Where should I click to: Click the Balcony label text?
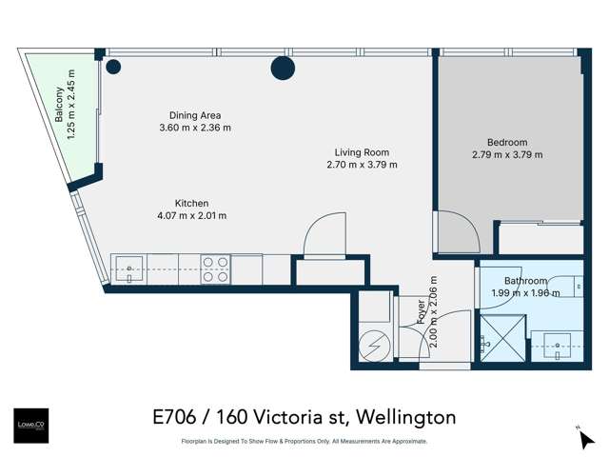point(59,107)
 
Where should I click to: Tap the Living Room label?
point(362,152)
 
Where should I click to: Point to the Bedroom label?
point(506,142)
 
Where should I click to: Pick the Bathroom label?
point(525,281)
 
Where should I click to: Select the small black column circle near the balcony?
point(113,67)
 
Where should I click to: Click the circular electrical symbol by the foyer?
point(374,342)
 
